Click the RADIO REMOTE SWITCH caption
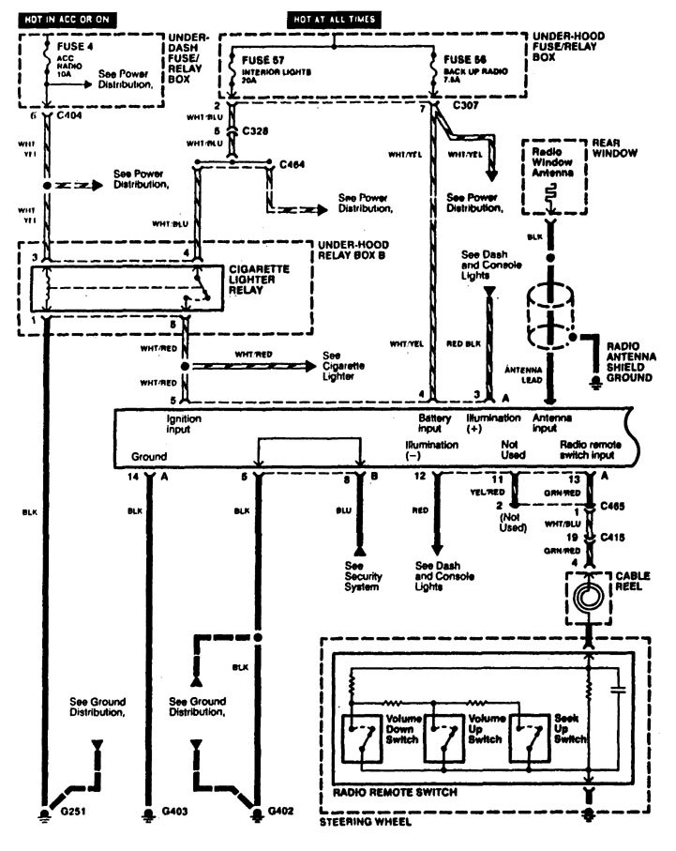(396, 793)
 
